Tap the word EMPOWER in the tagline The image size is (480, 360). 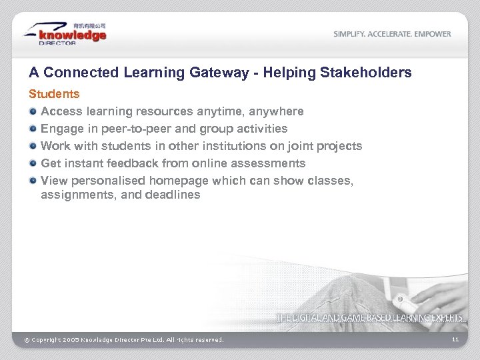tap(431, 34)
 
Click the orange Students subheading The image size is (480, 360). tap(53, 94)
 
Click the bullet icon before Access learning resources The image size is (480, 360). tap(33, 111)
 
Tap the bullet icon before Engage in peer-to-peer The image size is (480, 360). tap(33, 129)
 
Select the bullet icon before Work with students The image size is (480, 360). tap(33, 146)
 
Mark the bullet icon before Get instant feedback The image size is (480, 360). tap(33, 163)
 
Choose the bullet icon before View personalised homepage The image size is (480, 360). tap(33, 181)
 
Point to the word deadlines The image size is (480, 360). tap(174, 195)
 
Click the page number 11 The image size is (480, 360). tap(455, 340)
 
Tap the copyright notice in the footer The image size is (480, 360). tap(124, 340)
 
